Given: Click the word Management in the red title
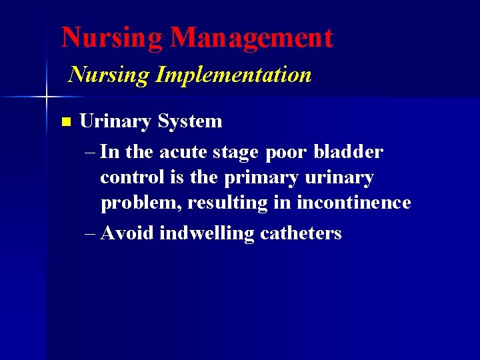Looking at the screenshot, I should tap(251, 38).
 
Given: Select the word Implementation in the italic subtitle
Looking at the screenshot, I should tap(233, 75).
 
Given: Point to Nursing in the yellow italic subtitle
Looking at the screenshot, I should tap(109, 75).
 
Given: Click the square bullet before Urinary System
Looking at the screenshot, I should tap(65, 122).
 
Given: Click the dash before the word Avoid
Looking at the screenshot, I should tap(91, 234).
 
